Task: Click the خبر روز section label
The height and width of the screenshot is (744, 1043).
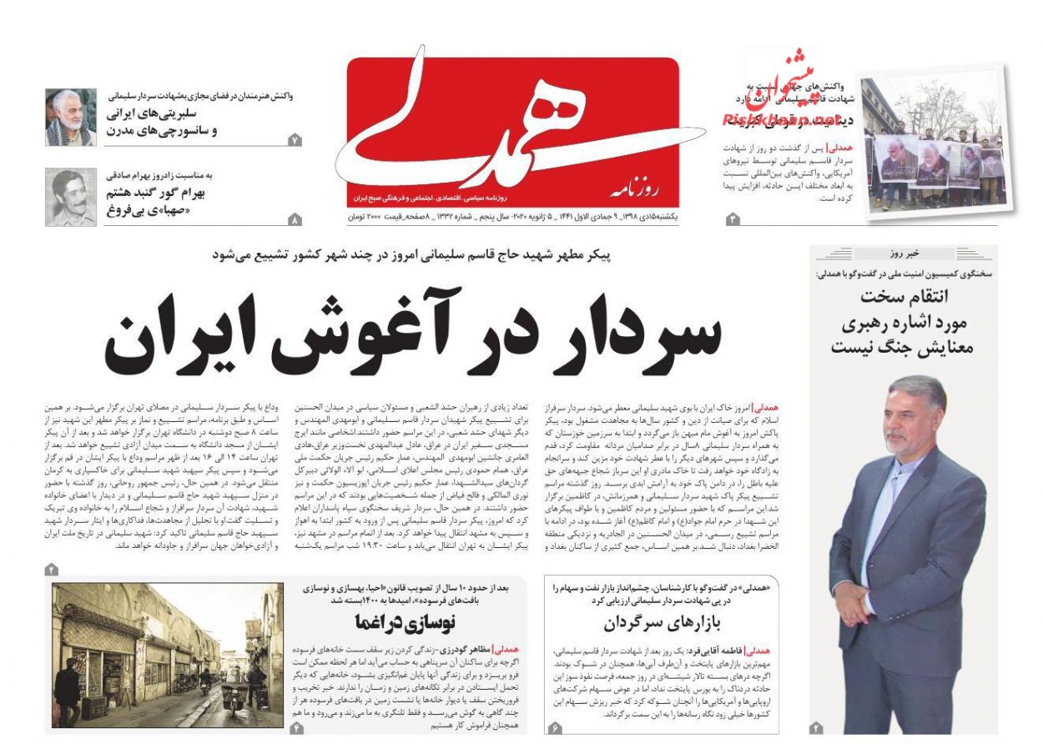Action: pyautogui.click(x=904, y=254)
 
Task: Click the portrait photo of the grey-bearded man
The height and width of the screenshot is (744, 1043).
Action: pyautogui.click(x=70, y=118)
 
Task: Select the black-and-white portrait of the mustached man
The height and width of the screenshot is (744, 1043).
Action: pyautogui.click(x=70, y=197)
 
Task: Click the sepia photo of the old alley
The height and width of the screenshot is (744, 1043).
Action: pyautogui.click(x=167, y=655)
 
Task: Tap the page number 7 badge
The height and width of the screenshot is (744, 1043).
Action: pyautogui.click(x=295, y=140)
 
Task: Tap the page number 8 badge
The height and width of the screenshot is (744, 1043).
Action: pyautogui.click(x=295, y=220)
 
